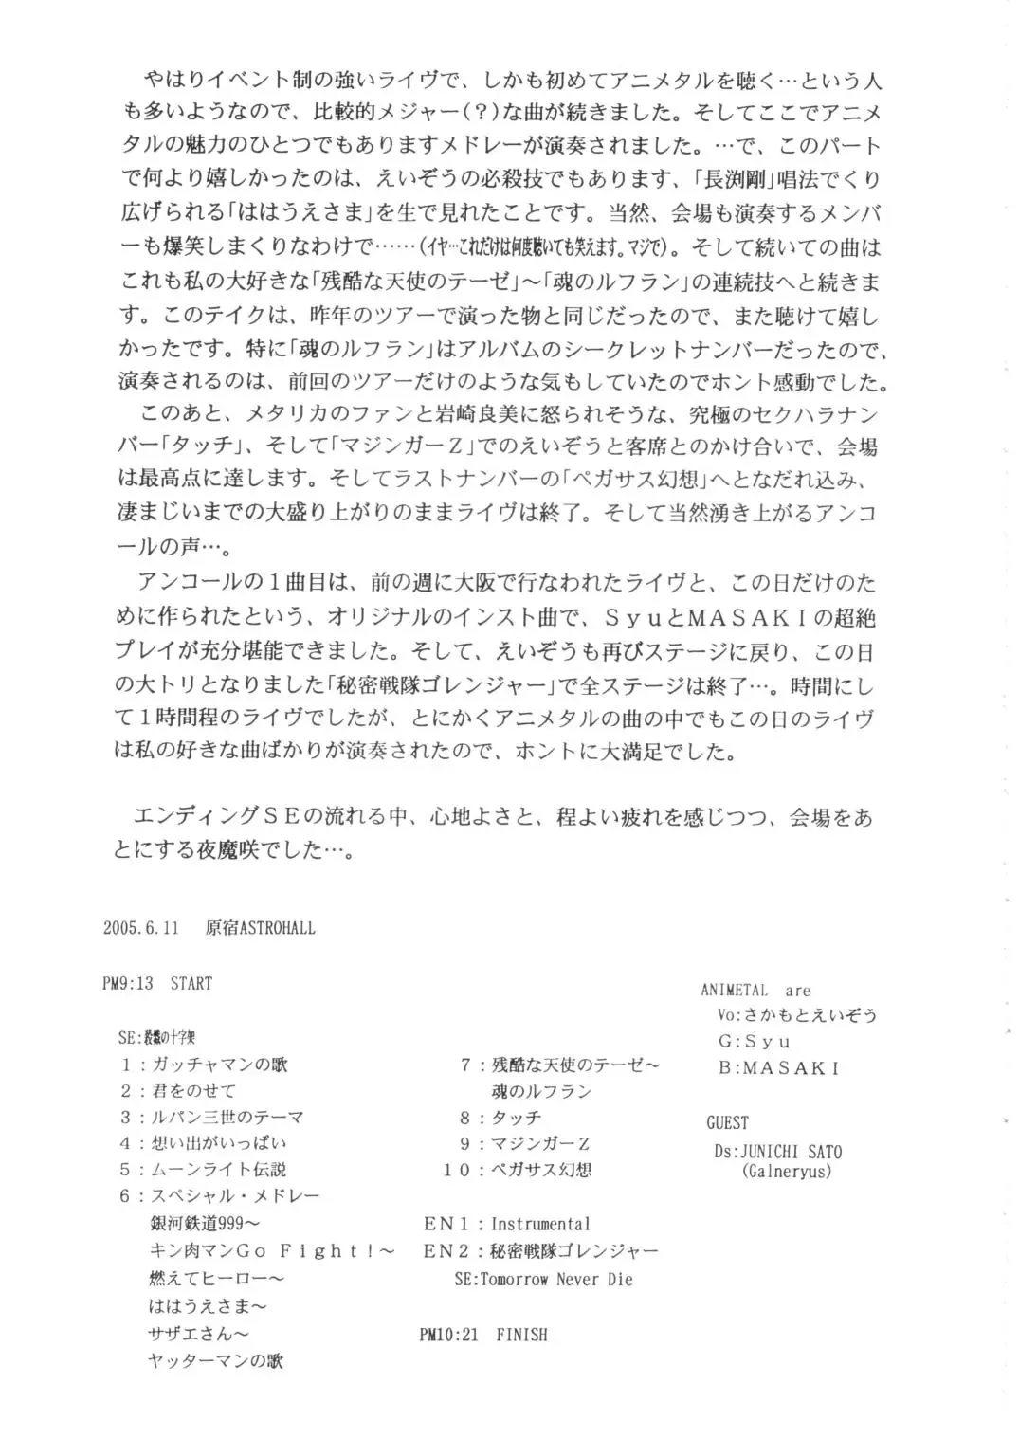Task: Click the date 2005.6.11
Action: (x=141, y=928)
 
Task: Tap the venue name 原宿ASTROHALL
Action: (x=260, y=928)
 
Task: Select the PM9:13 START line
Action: (x=157, y=983)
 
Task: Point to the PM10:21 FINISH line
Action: (x=482, y=1335)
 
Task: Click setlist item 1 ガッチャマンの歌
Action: (x=204, y=1065)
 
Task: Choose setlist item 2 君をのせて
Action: (x=178, y=1091)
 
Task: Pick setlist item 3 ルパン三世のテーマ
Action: (x=211, y=1118)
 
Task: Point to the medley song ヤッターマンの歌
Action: (x=216, y=1360)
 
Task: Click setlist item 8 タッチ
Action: (x=500, y=1118)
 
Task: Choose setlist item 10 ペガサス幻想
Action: (x=518, y=1170)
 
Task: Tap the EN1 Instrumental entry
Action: (x=506, y=1224)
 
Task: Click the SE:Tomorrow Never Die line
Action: (x=543, y=1280)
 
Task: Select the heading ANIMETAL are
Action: (x=755, y=991)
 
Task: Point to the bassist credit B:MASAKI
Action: (x=778, y=1068)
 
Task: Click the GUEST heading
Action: (x=727, y=1123)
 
